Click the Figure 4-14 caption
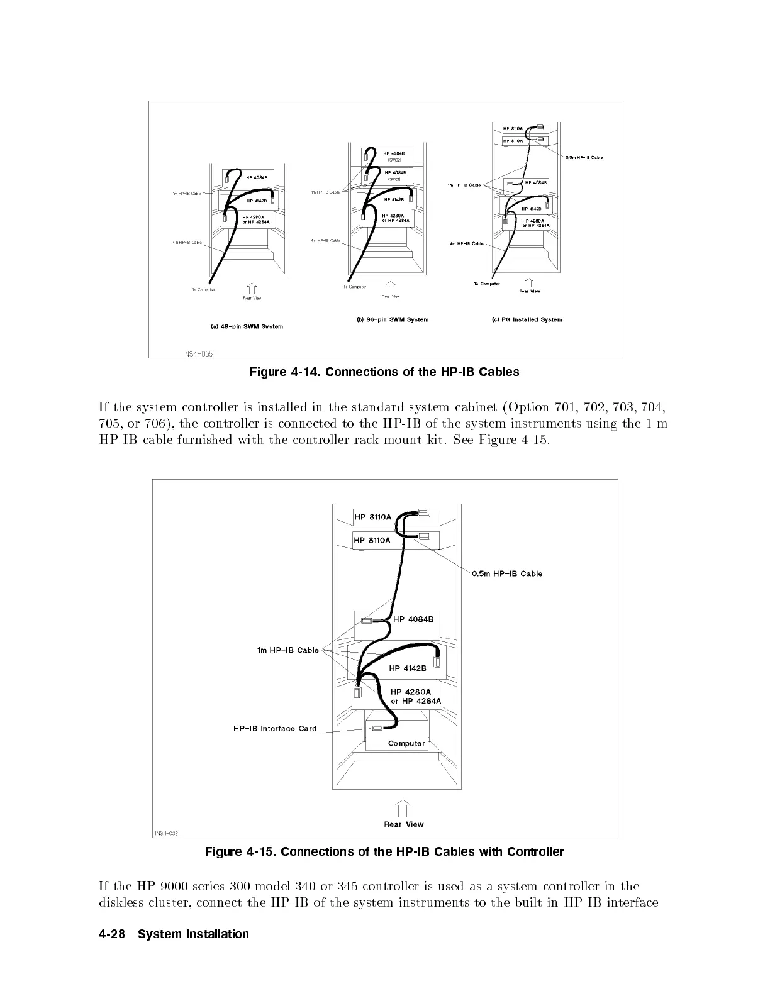[x=384, y=372]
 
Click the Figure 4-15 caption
[x=384, y=852]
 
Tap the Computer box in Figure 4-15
[x=406, y=743]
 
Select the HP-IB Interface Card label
[x=275, y=729]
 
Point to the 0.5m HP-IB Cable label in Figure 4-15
[x=507, y=573]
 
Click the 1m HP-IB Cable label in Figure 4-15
[x=288, y=650]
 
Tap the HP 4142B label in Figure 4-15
[x=408, y=668]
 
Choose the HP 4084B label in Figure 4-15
[x=413, y=619]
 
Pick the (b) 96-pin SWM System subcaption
[x=393, y=319]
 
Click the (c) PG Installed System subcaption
[x=527, y=319]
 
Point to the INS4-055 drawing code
[x=198, y=354]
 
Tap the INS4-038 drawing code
[x=167, y=834]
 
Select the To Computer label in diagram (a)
[x=203, y=290]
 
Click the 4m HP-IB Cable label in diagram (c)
[x=466, y=243]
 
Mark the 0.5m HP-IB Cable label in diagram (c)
[x=584, y=157]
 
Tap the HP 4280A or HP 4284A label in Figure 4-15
[x=415, y=696]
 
